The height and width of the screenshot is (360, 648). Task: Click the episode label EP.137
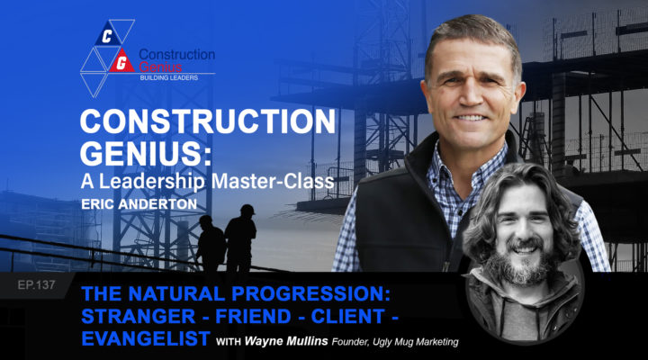click(36, 284)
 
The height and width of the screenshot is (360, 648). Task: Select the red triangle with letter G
click(121, 62)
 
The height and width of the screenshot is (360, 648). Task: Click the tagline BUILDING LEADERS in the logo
click(168, 77)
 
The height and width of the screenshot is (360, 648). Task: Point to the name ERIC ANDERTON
click(139, 204)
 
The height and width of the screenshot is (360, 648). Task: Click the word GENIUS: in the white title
click(146, 153)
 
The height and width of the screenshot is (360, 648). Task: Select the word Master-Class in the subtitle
click(273, 182)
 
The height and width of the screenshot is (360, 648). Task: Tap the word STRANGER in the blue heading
click(139, 317)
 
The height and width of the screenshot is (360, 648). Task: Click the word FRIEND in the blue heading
click(253, 317)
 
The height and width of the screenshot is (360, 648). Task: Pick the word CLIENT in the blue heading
click(348, 317)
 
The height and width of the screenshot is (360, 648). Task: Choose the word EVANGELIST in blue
click(146, 338)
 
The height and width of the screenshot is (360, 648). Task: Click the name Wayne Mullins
click(286, 341)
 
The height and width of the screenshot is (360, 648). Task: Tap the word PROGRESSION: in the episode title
click(310, 294)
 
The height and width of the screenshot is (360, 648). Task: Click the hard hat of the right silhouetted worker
click(247, 209)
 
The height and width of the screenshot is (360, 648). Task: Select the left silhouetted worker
click(211, 243)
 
